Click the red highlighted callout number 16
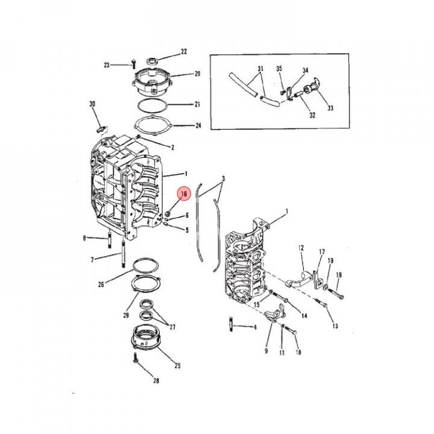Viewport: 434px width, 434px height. (184, 193)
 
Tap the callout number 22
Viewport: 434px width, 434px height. (184, 51)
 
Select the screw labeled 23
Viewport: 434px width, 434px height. (134, 64)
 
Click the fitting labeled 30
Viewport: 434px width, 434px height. (101, 128)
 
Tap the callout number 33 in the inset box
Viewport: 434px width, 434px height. (330, 108)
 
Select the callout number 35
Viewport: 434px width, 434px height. (279, 68)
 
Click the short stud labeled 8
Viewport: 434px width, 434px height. (109, 241)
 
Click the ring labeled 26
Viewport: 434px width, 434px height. (146, 266)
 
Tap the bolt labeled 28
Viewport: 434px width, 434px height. (136, 359)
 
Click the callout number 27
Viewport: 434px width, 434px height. (172, 327)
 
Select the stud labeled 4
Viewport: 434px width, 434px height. (231, 324)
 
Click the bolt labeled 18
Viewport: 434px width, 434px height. (336, 294)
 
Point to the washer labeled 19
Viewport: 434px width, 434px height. (326, 287)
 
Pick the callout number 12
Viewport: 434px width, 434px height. (301, 248)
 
